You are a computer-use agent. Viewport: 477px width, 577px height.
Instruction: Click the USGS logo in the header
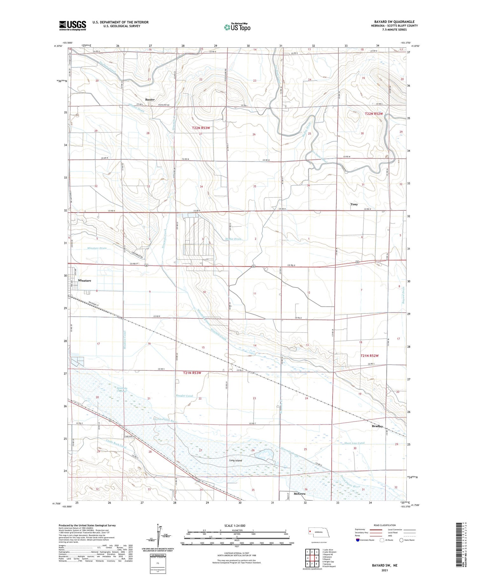pos(73,25)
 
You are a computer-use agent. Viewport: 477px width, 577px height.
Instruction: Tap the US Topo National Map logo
pos(237,27)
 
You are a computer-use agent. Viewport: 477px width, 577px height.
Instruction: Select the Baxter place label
pos(150,100)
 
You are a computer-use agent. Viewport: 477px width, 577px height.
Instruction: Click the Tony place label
pos(354,204)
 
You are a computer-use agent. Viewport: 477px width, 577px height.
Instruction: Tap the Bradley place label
pos(377,426)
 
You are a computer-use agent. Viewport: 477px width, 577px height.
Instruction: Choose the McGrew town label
pos(300,494)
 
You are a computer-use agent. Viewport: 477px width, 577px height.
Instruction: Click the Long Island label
pos(236,461)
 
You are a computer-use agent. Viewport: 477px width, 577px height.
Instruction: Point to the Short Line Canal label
pos(354,443)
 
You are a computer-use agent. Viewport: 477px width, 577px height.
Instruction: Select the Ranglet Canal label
pos(184,396)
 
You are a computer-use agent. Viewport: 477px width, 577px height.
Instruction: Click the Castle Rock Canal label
pos(116,443)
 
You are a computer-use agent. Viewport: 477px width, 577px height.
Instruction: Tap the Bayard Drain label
pos(403,295)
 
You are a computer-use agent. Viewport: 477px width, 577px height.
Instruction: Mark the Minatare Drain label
pos(97,248)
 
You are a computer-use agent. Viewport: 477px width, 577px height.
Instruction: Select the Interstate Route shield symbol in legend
pos(358,540)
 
